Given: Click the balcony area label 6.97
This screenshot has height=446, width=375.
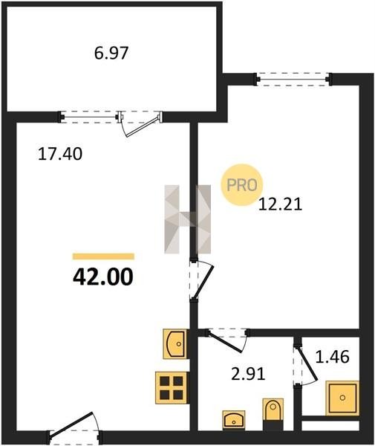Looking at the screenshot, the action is coord(111,53).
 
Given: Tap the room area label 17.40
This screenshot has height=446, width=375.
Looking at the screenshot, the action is coord(60,154).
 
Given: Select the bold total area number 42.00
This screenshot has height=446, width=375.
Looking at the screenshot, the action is coord(103,277).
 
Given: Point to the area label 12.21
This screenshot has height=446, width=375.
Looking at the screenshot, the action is coord(280,204).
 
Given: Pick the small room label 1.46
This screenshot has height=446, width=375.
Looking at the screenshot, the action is coord(333,357).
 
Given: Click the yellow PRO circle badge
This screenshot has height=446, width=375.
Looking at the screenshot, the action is coord(242,185).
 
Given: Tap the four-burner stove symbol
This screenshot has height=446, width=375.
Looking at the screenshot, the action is coord(172,387).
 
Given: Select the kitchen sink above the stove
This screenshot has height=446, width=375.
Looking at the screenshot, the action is coord(175,343).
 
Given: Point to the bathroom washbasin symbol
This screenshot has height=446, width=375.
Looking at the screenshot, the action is coord(234,419).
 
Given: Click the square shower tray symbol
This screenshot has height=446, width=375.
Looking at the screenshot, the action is coord(342,398).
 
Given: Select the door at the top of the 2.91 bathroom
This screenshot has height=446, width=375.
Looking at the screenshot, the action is coord(227,340).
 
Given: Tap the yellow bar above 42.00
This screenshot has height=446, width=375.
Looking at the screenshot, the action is coord(103,256).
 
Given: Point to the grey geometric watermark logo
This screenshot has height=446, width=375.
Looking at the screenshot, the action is coord(187,219).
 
